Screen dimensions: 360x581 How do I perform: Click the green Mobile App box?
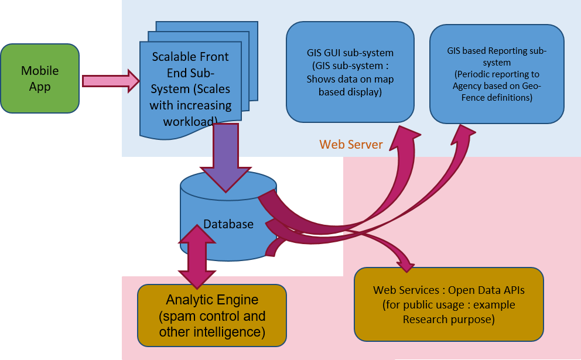tap(40, 78)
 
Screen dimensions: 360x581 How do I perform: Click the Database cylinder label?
tap(228, 224)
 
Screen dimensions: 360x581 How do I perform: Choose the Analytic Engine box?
tap(211, 316)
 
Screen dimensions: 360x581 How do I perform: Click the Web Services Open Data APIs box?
tap(449, 304)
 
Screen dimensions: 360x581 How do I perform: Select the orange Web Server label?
tap(351, 144)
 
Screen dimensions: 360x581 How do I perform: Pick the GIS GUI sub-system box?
tap(350, 72)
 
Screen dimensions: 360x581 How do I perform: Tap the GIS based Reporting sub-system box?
tap(497, 74)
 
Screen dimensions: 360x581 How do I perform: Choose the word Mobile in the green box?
tap(40, 71)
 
